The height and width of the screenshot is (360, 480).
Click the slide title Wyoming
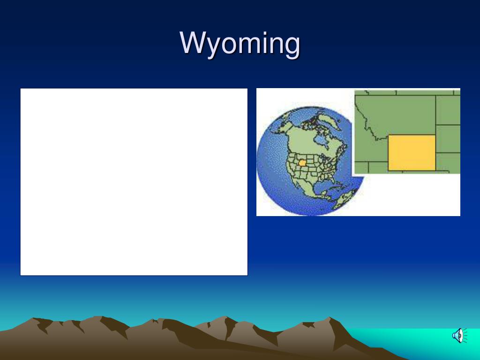(240, 44)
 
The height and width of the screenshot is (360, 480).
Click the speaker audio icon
(460, 336)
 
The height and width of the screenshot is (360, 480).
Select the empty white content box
(134, 182)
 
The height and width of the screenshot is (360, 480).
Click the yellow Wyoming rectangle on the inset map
(412, 152)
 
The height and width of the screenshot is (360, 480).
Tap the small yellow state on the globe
(302, 163)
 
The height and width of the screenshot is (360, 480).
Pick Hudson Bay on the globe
(321, 140)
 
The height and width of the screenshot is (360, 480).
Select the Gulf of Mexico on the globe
(322, 185)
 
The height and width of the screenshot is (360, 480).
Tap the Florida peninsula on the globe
(333, 180)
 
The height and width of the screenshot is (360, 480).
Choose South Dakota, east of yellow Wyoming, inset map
(448, 138)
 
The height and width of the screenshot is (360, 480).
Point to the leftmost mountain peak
(33, 318)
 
